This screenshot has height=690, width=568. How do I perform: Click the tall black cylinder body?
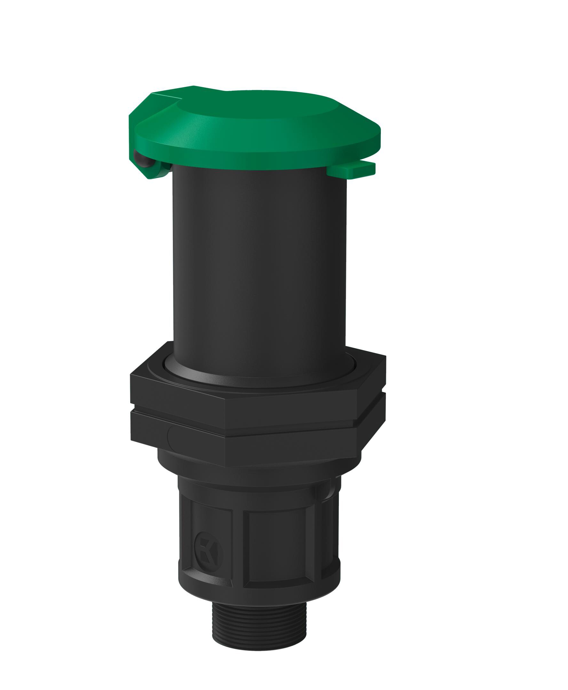[258, 262]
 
